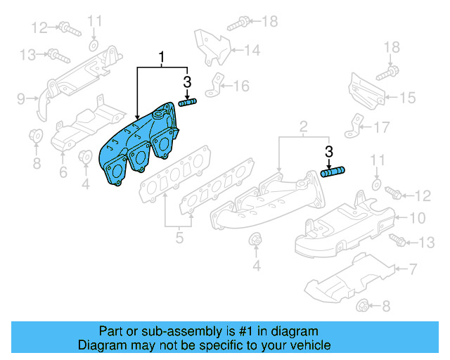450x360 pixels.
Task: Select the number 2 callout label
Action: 303,127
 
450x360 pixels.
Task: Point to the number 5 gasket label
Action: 179,238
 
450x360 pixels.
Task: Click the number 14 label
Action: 252,50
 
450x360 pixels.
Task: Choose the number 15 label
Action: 408,98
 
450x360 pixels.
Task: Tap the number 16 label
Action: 241,86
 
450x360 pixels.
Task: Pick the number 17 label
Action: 380,128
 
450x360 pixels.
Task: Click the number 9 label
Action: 21,98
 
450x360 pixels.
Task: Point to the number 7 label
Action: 413,269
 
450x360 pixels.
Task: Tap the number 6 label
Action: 63,172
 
